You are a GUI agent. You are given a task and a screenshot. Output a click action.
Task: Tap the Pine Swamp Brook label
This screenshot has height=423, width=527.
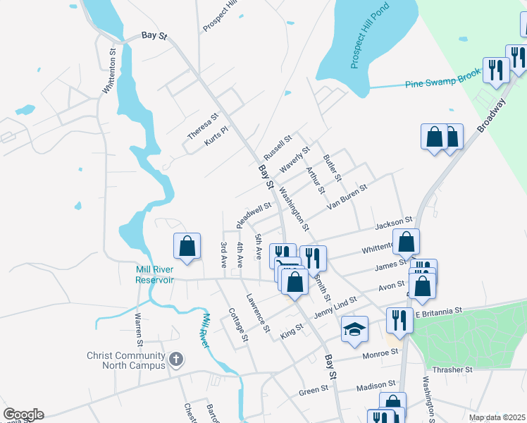443,78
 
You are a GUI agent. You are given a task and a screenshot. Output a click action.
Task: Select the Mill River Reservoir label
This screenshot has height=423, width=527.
155,274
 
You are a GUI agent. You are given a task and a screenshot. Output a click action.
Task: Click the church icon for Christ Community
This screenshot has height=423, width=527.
176,360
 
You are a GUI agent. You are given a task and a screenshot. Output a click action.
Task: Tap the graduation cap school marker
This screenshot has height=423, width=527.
354,329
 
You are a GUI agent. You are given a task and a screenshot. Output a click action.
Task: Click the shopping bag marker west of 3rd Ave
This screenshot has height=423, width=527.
187,247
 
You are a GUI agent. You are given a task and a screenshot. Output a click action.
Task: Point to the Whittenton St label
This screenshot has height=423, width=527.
108,71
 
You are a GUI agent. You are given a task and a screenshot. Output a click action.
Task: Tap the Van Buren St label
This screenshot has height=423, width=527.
348,197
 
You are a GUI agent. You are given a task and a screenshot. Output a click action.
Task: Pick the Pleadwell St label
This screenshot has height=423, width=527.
254,214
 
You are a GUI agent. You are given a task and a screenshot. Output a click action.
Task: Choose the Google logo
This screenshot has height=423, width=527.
23,415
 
